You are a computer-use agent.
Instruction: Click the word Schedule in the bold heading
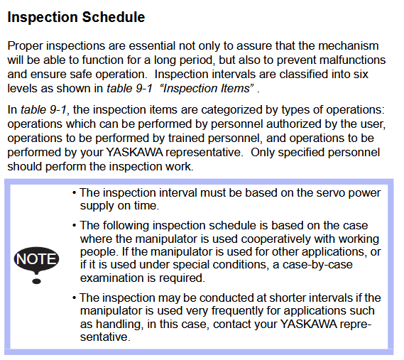coord(114,17)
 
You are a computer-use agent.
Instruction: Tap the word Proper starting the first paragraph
coord(25,46)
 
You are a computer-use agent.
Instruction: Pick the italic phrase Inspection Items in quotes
coord(207,88)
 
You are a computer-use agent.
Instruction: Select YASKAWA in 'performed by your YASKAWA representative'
coord(134,152)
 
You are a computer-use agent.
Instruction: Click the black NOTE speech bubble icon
coord(36,259)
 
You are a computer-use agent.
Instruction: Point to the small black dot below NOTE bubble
coord(36,281)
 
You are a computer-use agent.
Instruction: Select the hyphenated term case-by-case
coord(317,265)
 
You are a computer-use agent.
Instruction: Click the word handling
coord(119,324)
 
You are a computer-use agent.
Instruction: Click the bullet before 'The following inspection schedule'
coord(75,226)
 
